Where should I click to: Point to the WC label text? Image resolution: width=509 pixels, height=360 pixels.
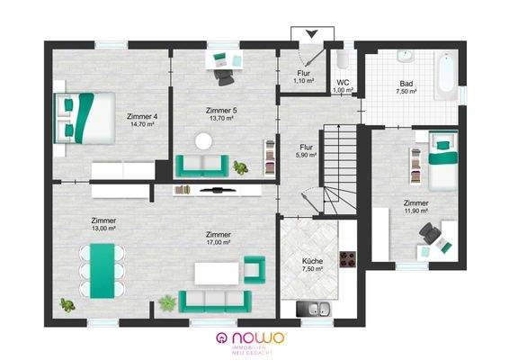342,83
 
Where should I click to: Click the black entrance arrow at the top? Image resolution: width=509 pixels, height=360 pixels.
311,34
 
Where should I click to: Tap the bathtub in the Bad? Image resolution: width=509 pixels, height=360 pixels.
445,76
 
